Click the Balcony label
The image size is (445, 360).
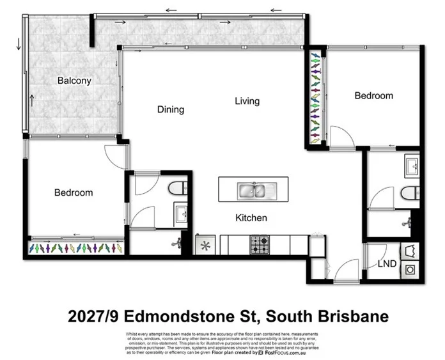coord(74,81)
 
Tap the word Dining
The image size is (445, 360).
coord(171,109)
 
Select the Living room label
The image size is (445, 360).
coord(247,101)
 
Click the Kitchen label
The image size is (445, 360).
coord(251,218)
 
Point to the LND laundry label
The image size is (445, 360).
coord(386,263)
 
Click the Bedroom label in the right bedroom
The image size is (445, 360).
coord(374,95)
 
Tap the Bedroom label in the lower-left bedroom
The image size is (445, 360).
coord(73,192)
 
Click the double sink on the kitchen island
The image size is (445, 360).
coord(253,190)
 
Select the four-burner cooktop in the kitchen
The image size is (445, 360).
coord(259,245)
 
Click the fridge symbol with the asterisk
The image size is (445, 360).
coord(207,246)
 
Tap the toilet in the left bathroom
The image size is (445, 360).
coord(177,187)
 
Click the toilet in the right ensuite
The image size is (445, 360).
coord(408,192)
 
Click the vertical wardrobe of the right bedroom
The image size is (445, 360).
coord(315,98)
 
